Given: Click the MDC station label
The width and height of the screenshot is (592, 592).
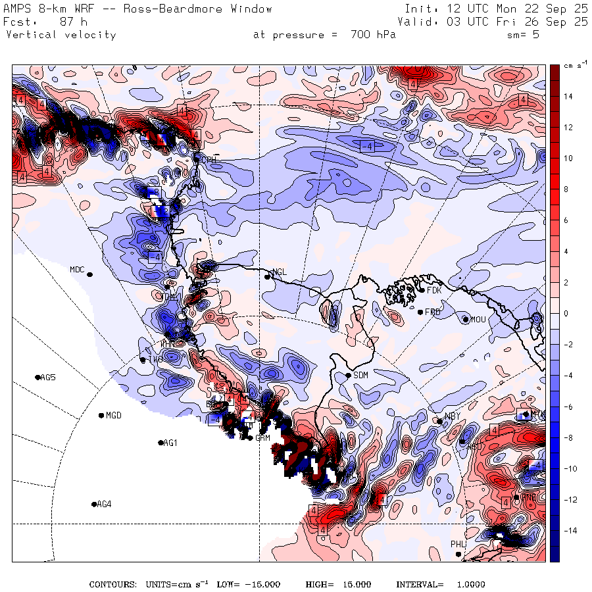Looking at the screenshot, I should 77,269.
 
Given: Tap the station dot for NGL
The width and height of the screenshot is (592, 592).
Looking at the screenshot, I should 268,277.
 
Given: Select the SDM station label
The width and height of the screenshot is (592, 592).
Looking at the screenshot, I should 360,375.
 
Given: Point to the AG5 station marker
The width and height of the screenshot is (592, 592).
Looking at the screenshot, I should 37,378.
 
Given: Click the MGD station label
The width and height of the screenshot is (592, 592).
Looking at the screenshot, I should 114,415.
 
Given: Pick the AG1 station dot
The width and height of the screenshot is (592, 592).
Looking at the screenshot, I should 160,443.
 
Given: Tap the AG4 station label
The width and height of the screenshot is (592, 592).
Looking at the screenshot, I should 104,505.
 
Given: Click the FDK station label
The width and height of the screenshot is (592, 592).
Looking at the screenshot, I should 433,290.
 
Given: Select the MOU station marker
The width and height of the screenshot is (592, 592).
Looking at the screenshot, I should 466,320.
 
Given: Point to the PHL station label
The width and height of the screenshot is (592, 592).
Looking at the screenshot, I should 458,545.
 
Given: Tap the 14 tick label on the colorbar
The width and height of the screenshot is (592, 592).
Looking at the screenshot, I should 568,97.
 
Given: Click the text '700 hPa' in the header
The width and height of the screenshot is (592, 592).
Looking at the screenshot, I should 374,35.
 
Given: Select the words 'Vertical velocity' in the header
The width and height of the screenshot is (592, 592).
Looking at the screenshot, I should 61,35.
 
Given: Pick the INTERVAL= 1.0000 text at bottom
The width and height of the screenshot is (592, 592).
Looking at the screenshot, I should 440,584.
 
